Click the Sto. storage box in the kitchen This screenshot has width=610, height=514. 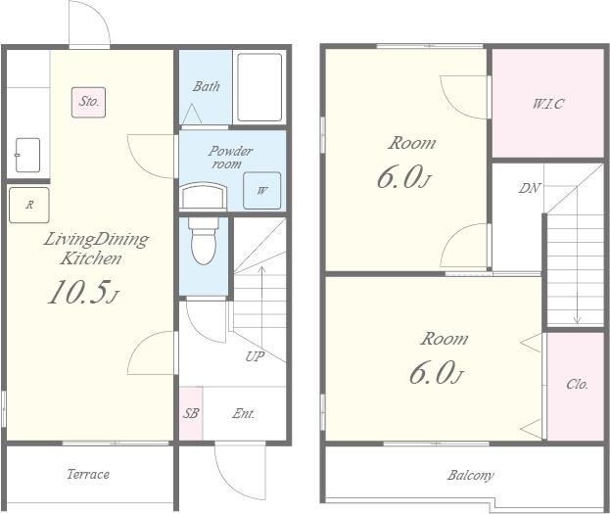[88, 103]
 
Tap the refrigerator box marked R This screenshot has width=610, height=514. [29, 205]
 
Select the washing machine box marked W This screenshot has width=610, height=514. [261, 191]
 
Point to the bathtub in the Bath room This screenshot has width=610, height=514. [259, 87]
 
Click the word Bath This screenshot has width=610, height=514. [207, 86]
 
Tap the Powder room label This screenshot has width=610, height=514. [230, 157]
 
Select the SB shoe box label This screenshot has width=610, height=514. [191, 413]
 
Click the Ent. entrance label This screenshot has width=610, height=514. [244, 413]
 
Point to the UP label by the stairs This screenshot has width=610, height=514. [255, 356]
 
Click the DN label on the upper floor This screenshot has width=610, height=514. [529, 188]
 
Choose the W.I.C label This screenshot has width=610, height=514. [547, 104]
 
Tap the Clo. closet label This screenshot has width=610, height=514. [577, 384]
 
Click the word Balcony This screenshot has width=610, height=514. [470, 475]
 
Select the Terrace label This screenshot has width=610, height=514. [88, 474]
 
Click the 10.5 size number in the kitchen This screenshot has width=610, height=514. [77, 292]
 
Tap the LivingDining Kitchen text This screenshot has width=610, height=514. [96, 249]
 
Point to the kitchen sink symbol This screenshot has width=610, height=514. [27, 155]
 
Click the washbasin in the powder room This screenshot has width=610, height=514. [204, 197]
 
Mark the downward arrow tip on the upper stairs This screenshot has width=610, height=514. [578, 323]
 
